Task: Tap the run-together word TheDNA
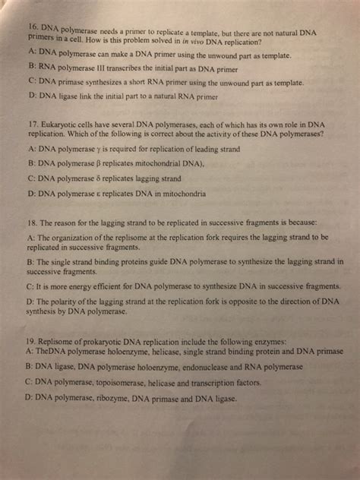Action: click(56, 352)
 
